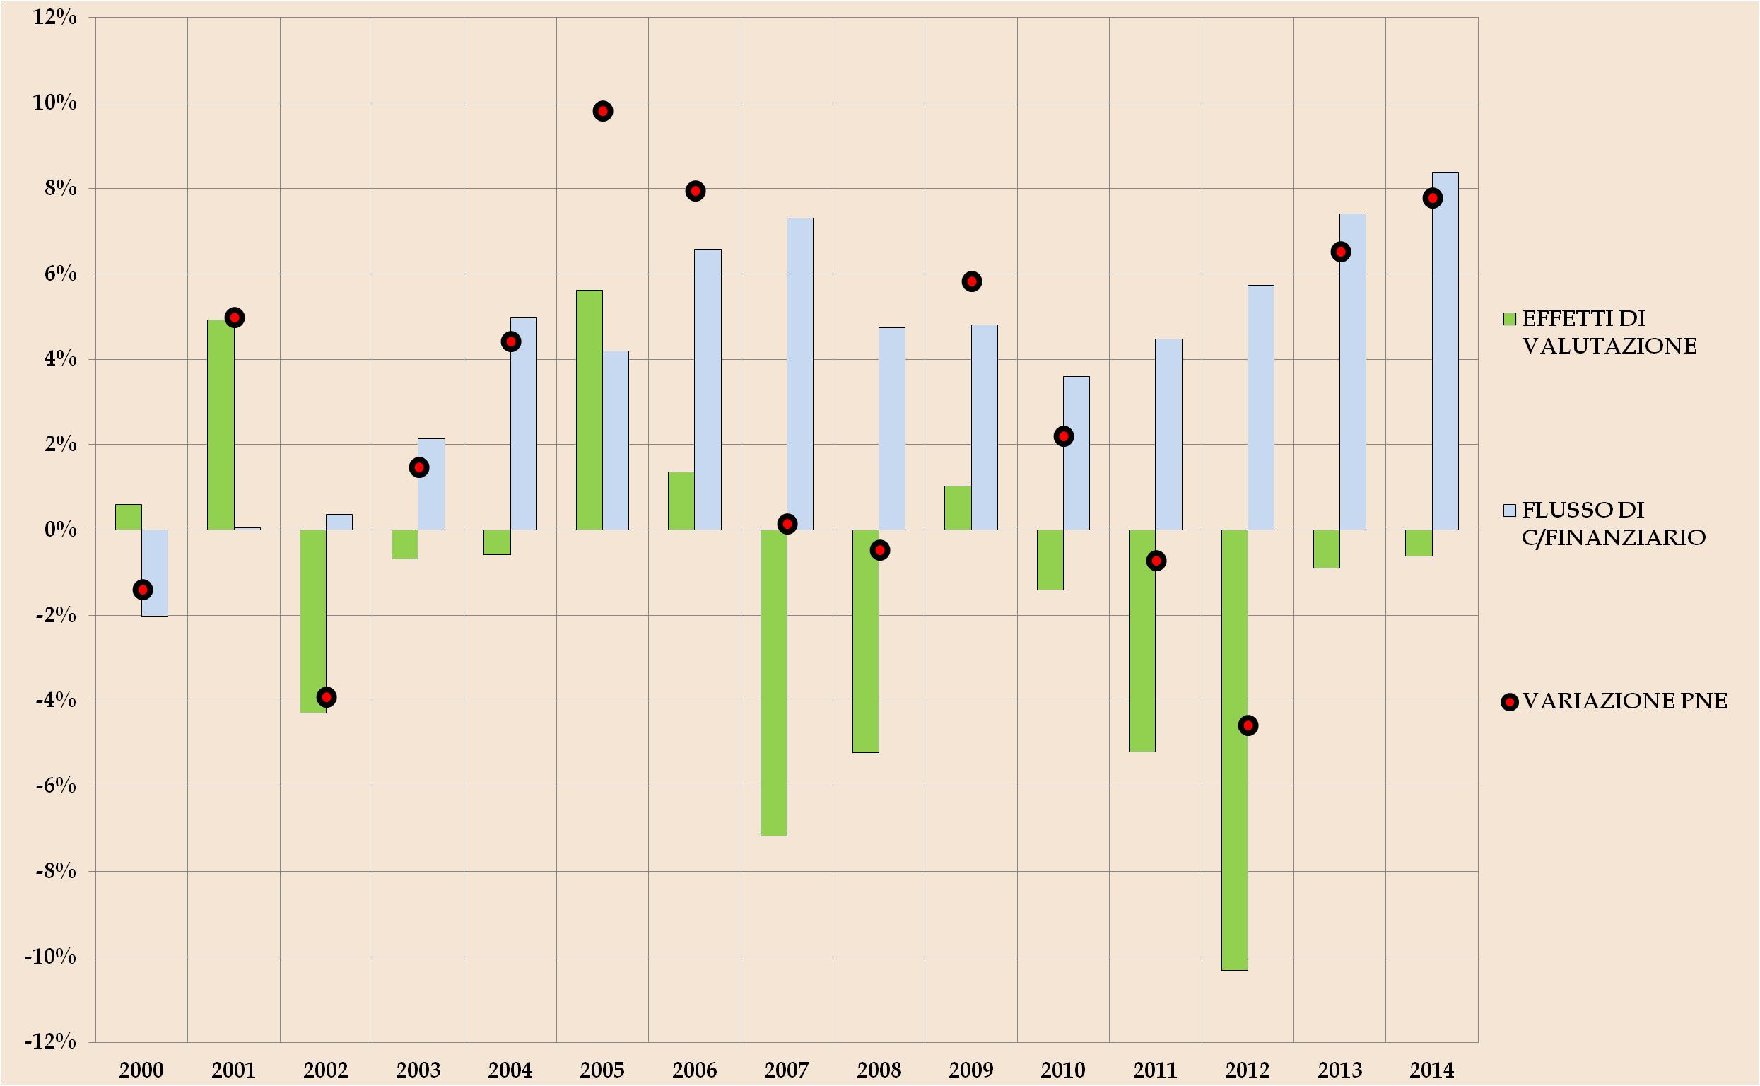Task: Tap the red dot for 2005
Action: click(x=602, y=111)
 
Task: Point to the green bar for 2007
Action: click(x=773, y=682)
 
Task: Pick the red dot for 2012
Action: click(x=1248, y=725)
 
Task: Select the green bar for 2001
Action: click(x=221, y=424)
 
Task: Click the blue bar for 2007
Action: click(x=800, y=373)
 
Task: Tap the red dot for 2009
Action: click(x=972, y=281)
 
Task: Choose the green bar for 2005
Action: click(x=589, y=409)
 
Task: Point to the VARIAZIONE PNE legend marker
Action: click(x=1509, y=703)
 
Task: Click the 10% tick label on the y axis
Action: click(x=54, y=103)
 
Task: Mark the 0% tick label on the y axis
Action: click(x=60, y=530)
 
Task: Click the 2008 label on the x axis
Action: click(x=879, y=1070)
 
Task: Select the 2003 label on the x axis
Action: click(x=418, y=1070)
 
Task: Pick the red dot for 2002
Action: click(x=327, y=696)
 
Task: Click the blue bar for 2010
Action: click(x=1076, y=452)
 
